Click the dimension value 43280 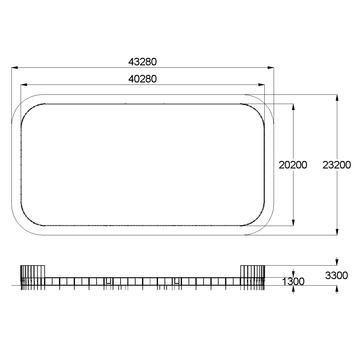pos(142,62)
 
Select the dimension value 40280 pos(142,79)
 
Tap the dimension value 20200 pos(293,165)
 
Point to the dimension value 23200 pos(337,165)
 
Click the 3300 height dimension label pos(336,275)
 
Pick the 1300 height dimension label pos(293,281)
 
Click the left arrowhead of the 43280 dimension pos(15,68)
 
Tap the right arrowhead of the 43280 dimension pos(271,68)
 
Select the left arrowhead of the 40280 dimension pos(24,85)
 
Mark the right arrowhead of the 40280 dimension pos(261,85)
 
